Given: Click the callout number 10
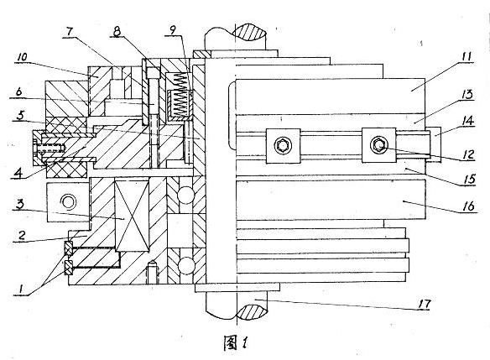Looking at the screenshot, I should [x=21, y=56].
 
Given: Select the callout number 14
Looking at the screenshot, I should [x=466, y=123].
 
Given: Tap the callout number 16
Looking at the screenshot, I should [x=466, y=206].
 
